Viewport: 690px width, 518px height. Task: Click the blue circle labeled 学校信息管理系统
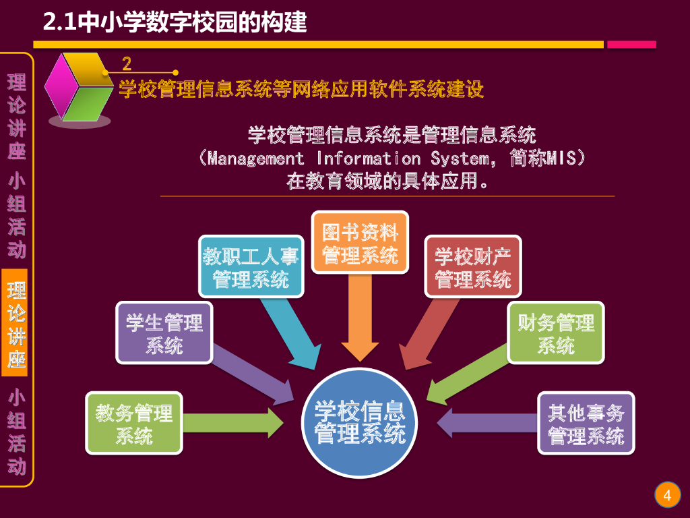tap(360, 423)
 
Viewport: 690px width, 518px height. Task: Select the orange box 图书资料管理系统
tap(360, 242)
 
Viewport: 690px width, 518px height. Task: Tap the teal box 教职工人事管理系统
tap(251, 267)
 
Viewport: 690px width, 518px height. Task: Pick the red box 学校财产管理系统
tap(473, 266)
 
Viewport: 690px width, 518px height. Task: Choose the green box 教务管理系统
tap(134, 423)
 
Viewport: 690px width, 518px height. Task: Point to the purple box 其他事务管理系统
tap(586, 423)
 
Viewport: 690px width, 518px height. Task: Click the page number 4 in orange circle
tap(667, 496)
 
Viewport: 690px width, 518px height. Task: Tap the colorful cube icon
tap(78, 88)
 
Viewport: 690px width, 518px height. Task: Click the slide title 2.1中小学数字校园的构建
tap(175, 22)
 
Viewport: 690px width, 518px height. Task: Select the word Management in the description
tap(256, 159)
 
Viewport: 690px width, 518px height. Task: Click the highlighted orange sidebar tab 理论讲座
tap(17, 323)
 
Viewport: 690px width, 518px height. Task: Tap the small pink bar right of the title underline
tap(631, 45)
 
